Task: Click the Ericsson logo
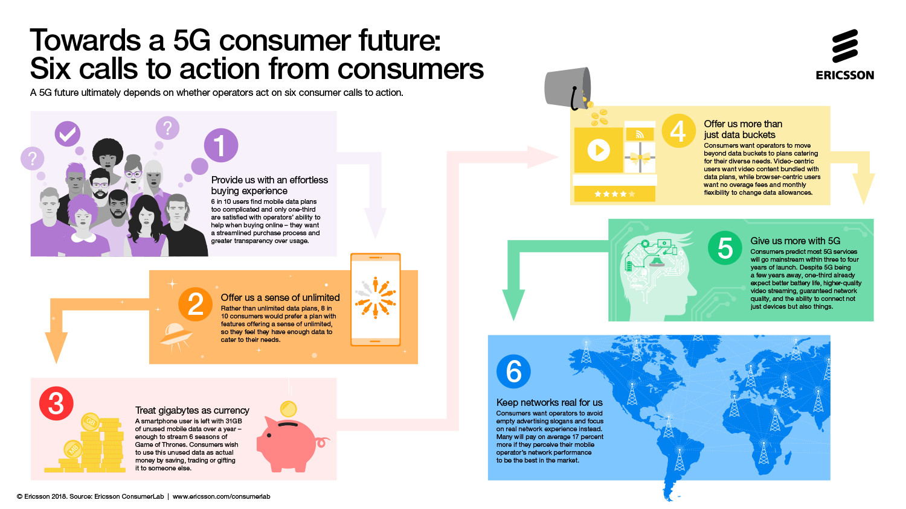[x=844, y=55]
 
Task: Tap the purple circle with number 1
[x=221, y=145]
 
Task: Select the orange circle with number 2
[x=195, y=304]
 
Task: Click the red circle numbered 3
[x=56, y=403]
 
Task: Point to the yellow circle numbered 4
[x=678, y=131]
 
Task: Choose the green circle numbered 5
[x=725, y=248]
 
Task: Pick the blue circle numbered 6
[x=513, y=371]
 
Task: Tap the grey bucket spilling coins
[x=567, y=88]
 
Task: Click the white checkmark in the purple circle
[x=68, y=133]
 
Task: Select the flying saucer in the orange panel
[x=177, y=334]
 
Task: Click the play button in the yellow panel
[x=599, y=150]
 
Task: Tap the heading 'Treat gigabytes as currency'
[x=192, y=410]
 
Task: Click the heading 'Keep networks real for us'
[x=549, y=402]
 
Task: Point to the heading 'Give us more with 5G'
[x=795, y=241]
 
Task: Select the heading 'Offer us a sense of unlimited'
[x=280, y=297]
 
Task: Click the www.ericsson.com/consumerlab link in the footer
[x=221, y=496]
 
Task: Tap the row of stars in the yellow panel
[x=614, y=194]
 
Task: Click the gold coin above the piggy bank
[x=289, y=409]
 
